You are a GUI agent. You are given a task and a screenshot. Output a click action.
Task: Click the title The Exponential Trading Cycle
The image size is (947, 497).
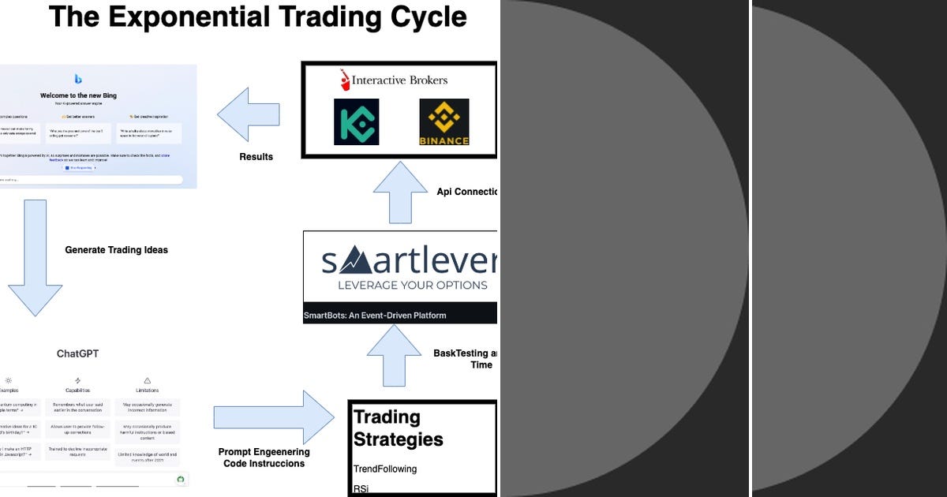tap(257, 17)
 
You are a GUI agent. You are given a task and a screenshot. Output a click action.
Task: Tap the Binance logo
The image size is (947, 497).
tap(444, 122)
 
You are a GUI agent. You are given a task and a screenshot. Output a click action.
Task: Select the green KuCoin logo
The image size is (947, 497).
tap(356, 121)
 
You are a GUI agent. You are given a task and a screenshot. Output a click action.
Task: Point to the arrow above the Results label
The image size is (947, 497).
tap(249, 115)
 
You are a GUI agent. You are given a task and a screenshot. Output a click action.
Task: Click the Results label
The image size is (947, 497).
tap(256, 157)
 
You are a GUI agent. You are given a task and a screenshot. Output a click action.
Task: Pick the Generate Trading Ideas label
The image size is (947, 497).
tap(116, 250)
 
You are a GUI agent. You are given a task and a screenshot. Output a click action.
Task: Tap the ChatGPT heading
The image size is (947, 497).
tap(77, 353)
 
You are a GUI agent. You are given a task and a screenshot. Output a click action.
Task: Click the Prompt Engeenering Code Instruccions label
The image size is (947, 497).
tap(264, 458)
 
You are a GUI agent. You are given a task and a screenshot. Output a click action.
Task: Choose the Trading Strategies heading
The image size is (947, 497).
tap(398, 428)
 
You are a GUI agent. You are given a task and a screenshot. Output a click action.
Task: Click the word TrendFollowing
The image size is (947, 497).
tap(385, 469)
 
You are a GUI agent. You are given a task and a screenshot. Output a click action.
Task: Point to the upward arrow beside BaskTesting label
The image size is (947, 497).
tap(394, 355)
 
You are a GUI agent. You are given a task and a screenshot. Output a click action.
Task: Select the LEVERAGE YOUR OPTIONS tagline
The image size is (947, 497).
tap(412, 286)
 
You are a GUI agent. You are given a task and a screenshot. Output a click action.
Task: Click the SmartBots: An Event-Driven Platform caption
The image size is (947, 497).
tap(375, 316)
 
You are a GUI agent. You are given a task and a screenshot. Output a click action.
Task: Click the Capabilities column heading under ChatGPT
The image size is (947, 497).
tap(78, 390)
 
